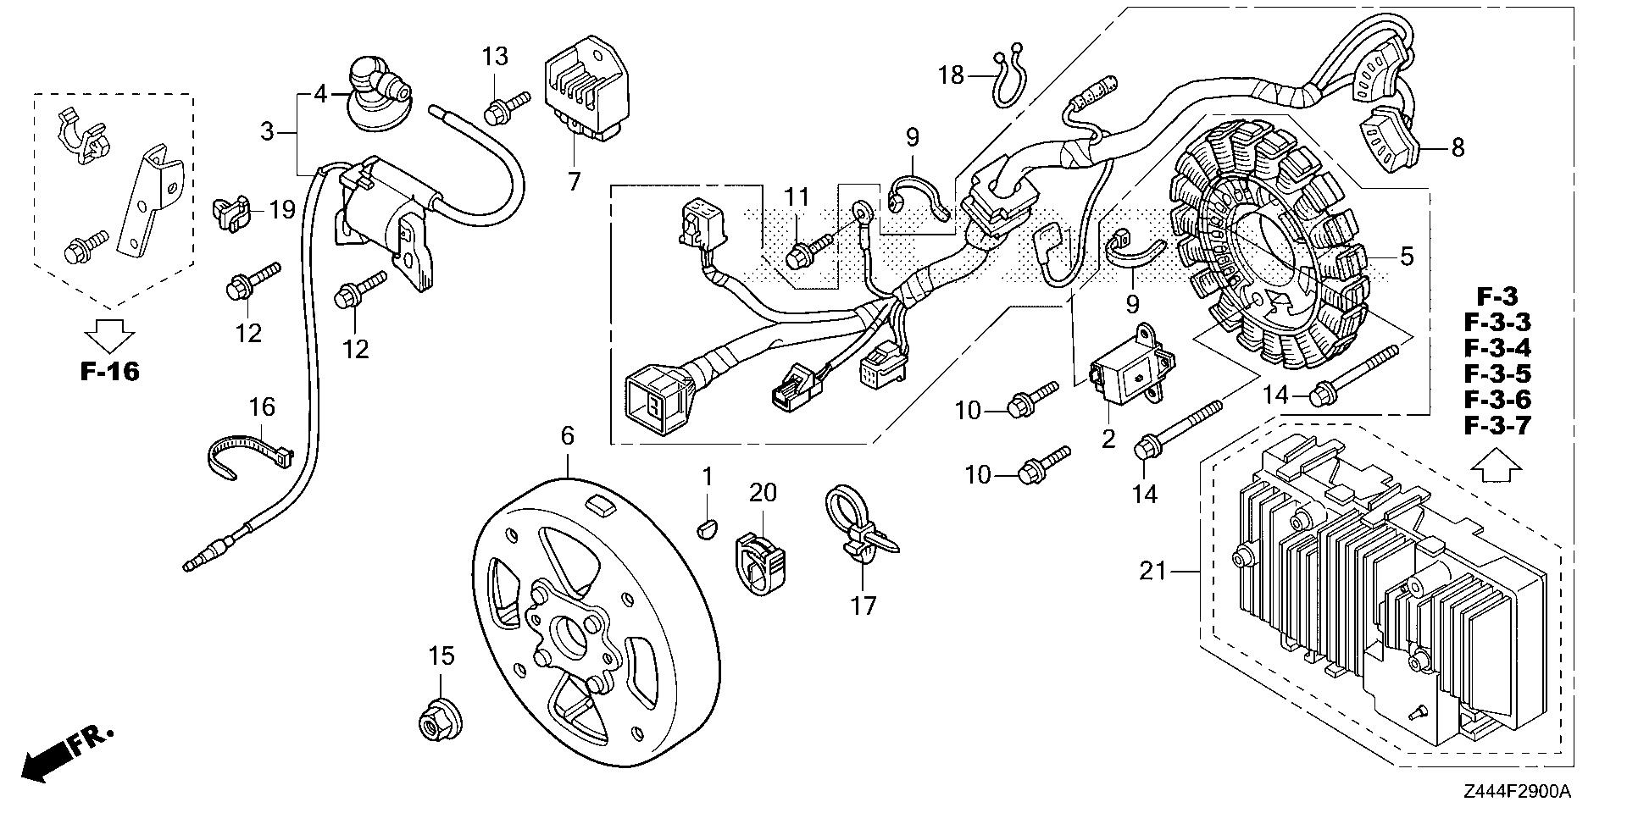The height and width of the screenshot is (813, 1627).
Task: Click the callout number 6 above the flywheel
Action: point(567,436)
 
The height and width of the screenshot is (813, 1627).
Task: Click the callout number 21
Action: point(1152,572)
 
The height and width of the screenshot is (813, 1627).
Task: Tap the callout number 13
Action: point(496,58)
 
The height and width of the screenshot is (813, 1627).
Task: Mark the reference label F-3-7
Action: point(1497,425)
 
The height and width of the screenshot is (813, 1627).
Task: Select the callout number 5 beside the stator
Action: point(1407,256)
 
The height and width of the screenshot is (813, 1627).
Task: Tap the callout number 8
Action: point(1458,148)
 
